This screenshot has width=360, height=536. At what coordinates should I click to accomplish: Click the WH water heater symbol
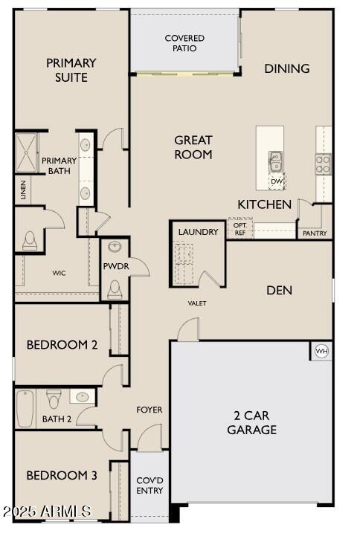(x=321, y=351)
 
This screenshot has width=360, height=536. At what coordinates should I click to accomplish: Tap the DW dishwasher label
(x=277, y=181)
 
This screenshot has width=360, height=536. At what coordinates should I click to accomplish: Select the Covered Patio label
(x=184, y=43)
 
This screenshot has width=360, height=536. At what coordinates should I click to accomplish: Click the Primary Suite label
(x=71, y=70)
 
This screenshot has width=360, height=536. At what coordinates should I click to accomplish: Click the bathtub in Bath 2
(x=25, y=409)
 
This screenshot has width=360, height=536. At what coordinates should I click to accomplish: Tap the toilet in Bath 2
(x=54, y=399)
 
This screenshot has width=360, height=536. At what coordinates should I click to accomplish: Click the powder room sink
(x=115, y=247)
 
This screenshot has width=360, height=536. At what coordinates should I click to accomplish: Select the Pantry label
(x=315, y=233)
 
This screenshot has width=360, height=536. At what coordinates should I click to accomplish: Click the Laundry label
(x=199, y=232)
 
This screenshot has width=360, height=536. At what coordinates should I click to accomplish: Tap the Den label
(x=280, y=290)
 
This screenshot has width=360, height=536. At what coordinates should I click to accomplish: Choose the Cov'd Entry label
(x=150, y=485)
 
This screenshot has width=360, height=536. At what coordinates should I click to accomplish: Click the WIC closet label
(x=59, y=273)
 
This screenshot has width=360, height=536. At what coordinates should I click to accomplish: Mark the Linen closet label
(x=24, y=190)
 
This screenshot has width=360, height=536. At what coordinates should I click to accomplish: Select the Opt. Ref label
(x=240, y=228)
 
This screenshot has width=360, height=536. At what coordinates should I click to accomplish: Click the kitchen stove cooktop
(x=324, y=164)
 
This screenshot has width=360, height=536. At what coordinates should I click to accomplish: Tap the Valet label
(x=197, y=303)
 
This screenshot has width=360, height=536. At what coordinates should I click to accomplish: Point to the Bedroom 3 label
(x=62, y=476)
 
